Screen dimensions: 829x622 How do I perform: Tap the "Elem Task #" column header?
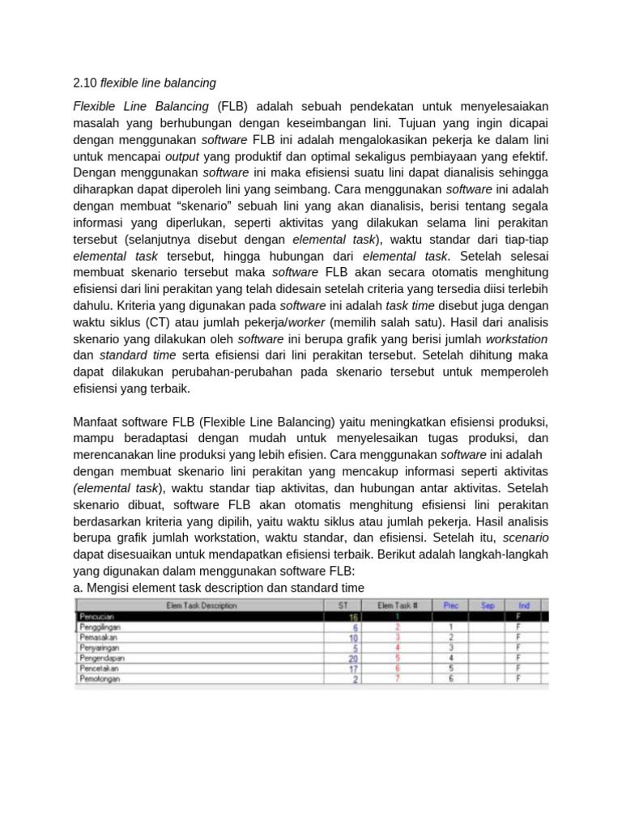pos(397,605)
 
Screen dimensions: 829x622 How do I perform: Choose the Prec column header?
pos(450,605)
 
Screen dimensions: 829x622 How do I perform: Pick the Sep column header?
pos(488,605)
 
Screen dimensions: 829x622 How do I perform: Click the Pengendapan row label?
pos(102,658)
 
